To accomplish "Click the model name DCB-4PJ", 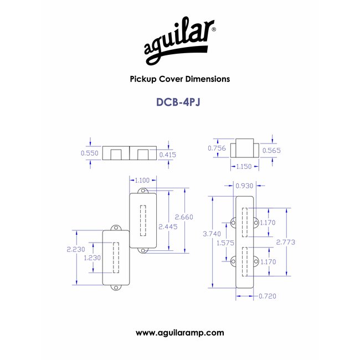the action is pyautogui.click(x=178, y=102).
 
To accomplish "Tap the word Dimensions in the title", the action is pyautogui.click(x=208, y=79).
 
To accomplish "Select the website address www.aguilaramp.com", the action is pyautogui.click(x=180, y=333).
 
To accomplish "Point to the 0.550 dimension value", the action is pyautogui.click(x=90, y=153).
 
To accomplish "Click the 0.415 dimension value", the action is pyautogui.click(x=168, y=155).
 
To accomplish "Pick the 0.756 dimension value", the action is pyautogui.click(x=217, y=148).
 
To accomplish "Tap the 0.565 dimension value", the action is pyautogui.click(x=271, y=151).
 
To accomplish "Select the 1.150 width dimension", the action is pyautogui.click(x=244, y=166).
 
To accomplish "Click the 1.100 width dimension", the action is pyautogui.click(x=142, y=180).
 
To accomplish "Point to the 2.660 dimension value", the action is pyautogui.click(x=184, y=217).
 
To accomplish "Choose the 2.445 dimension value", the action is pyautogui.click(x=168, y=227).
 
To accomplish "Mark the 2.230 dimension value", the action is pyautogui.click(x=76, y=249).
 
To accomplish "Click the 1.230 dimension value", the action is pyautogui.click(x=92, y=258).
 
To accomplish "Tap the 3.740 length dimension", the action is pyautogui.click(x=212, y=234).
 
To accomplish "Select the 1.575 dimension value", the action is pyautogui.click(x=225, y=243).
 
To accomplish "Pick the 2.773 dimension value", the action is pyautogui.click(x=286, y=242).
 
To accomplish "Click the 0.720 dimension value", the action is pyautogui.click(x=268, y=296).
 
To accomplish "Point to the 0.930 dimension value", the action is pyautogui.click(x=244, y=186).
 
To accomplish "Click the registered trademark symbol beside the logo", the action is pyautogui.click(x=214, y=29).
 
